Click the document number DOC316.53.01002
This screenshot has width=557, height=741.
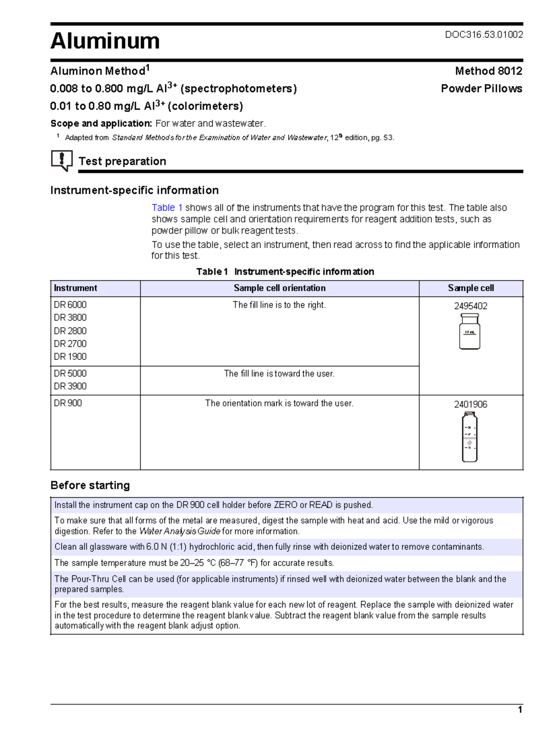coord(484,35)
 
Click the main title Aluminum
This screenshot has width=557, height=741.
coord(105,41)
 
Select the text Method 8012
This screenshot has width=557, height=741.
coord(488,71)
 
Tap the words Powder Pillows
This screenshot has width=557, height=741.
coord(481,89)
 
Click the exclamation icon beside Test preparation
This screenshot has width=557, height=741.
coord(61,160)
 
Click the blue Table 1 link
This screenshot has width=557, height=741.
coord(167,208)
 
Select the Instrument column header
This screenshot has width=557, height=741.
coord(76,288)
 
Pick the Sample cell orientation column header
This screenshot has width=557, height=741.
coord(279,288)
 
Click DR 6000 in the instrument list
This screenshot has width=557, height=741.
coord(70,305)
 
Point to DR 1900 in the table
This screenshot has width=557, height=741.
coord(70,357)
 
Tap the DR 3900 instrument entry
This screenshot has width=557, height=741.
coord(70,386)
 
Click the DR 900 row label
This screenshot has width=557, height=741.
coord(68,403)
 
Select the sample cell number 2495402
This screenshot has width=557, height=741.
coord(470,306)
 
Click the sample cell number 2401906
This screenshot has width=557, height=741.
coord(470,404)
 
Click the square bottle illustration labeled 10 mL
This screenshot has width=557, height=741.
coord(469,331)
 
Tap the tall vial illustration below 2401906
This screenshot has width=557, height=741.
coord(469,437)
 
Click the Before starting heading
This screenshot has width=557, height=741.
coord(90,485)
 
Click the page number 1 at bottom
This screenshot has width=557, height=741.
coord(520,709)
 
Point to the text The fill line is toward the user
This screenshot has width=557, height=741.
coord(279,374)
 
